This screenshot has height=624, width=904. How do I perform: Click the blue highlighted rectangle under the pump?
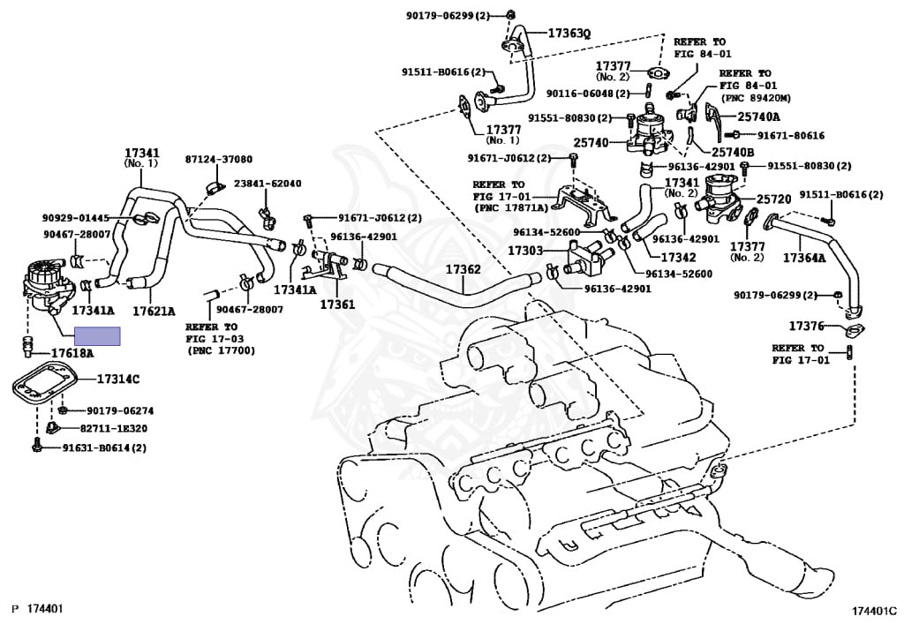[98, 335]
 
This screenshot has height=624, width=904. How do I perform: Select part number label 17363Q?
[569, 33]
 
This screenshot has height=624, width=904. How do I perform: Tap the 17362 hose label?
[463, 269]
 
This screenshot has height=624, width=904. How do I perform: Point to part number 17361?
[336, 304]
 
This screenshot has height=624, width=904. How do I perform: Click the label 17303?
[525, 251]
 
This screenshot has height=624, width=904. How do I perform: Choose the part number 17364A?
[804, 258]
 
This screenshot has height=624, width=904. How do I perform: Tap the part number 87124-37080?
[218, 159]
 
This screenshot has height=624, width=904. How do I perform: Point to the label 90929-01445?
[75, 217]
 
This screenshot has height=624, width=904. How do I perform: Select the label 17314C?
[118, 379]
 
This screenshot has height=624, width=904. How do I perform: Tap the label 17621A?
[154, 311]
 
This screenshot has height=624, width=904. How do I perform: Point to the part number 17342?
[654, 258]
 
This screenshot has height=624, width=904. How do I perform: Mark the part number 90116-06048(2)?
[587, 93]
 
